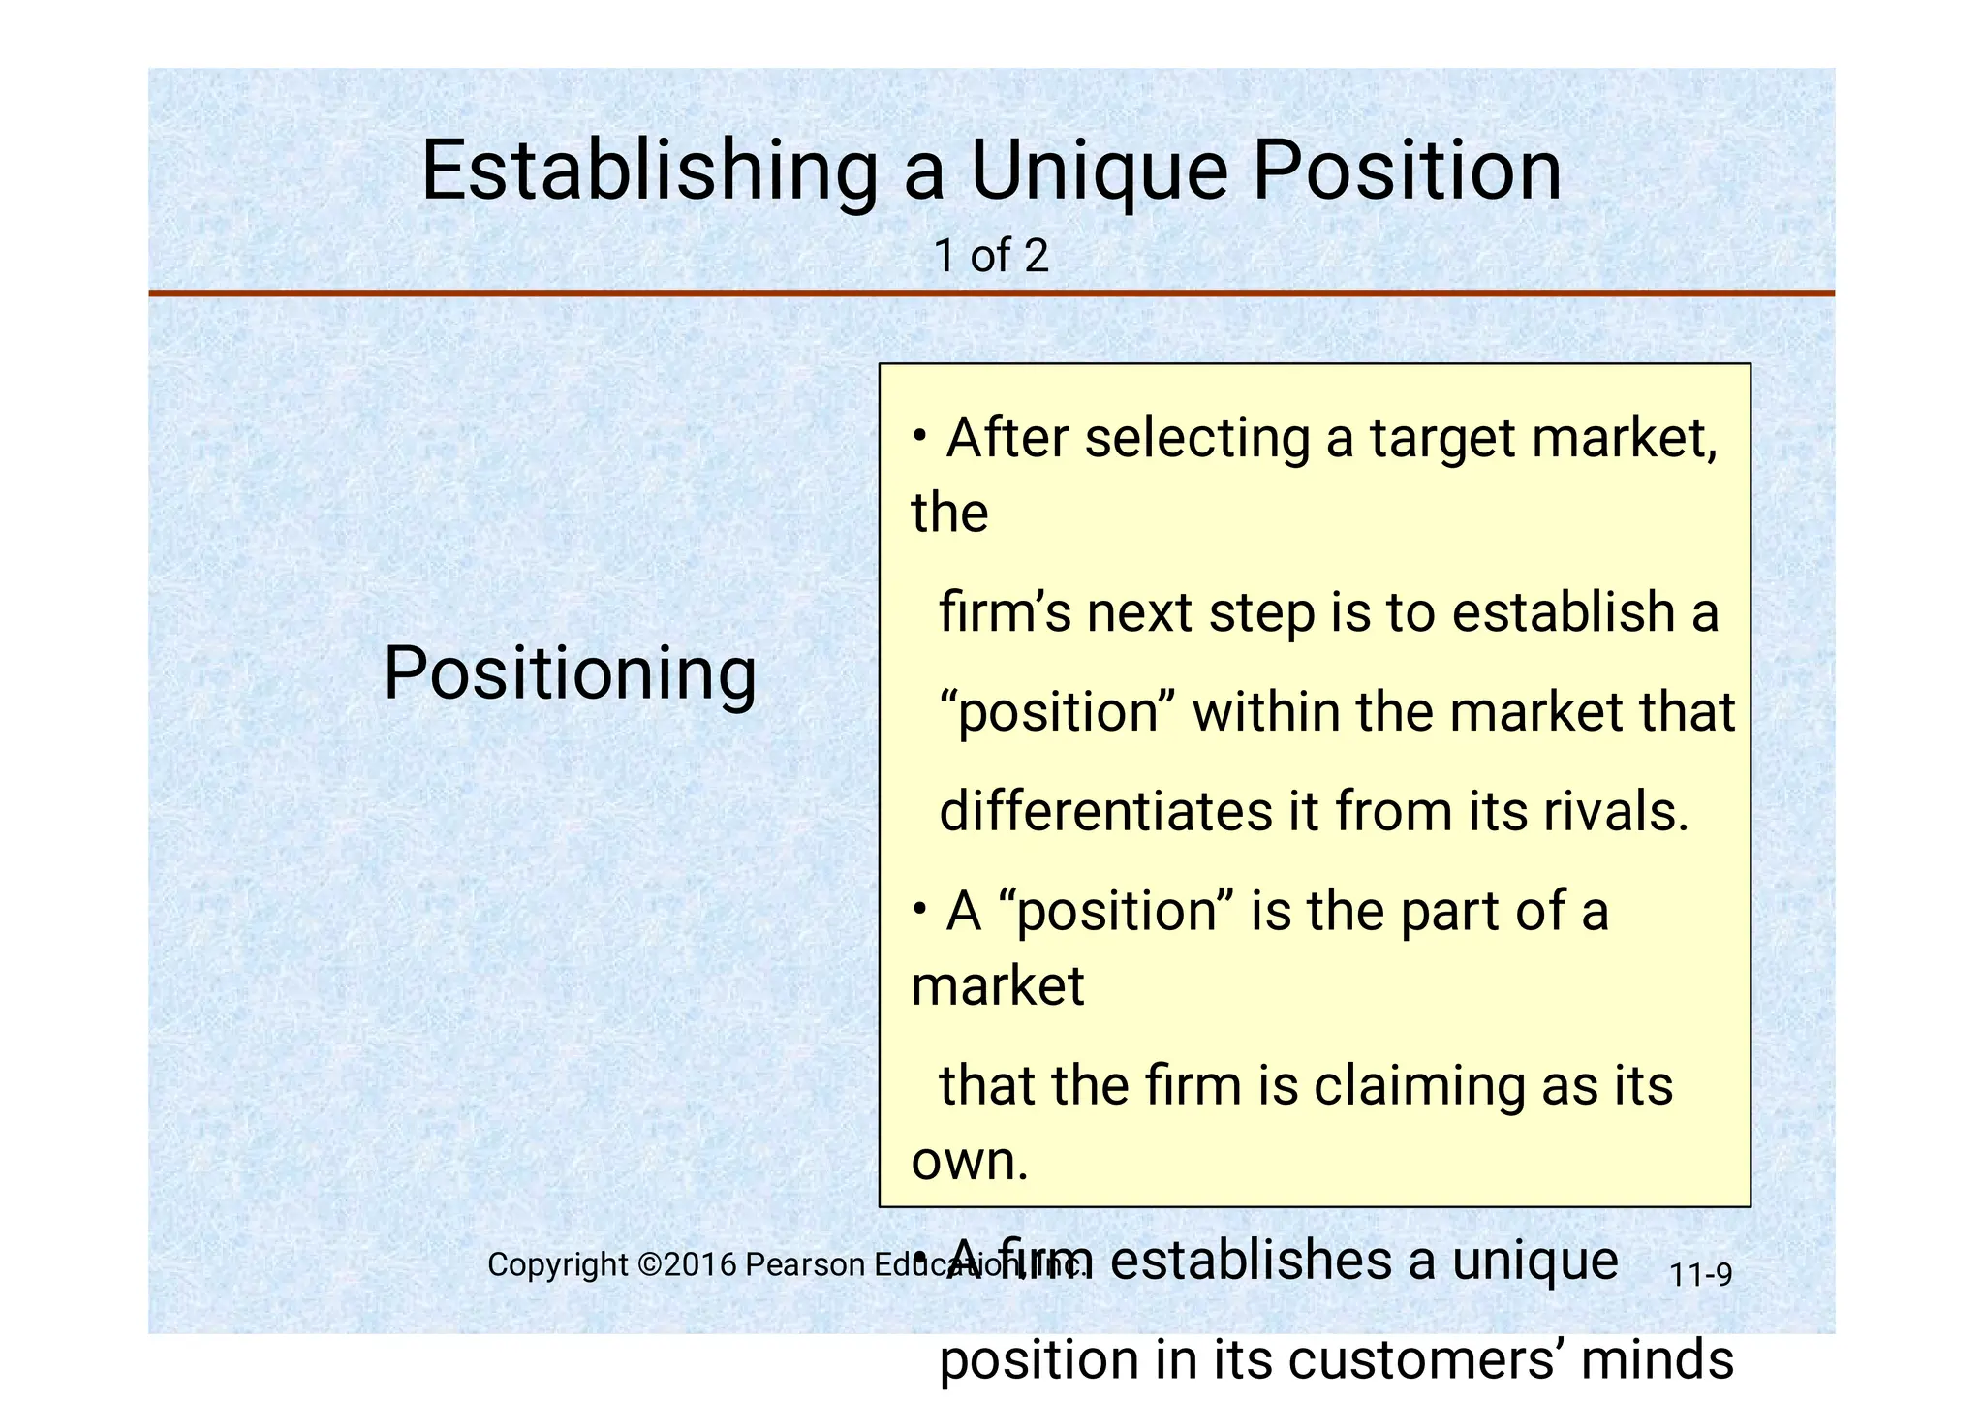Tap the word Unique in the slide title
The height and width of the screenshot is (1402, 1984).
click(1100, 171)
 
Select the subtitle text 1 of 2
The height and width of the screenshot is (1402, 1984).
click(991, 257)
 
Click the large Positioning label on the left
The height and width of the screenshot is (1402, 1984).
click(570, 673)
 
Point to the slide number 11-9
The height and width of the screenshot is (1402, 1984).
click(1700, 1275)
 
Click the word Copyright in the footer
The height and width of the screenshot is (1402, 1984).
click(558, 1264)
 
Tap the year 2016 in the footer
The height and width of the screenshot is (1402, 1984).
click(698, 1264)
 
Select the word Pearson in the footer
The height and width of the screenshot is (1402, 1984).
click(805, 1264)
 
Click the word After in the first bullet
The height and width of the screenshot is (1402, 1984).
click(1007, 438)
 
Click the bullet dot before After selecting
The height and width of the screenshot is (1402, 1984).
click(918, 435)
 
